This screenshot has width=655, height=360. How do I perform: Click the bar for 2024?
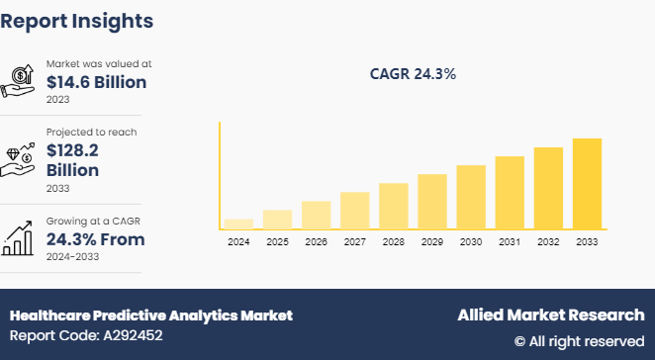[238, 224]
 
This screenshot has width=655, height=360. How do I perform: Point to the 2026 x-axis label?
[316, 242]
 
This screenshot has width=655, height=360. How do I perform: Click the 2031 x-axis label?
[510, 242]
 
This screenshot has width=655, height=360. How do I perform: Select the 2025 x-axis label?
[277, 242]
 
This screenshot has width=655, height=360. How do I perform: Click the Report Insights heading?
[77, 20]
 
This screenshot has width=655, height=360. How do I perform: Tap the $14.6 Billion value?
[96, 82]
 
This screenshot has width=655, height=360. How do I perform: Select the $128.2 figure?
[73, 150]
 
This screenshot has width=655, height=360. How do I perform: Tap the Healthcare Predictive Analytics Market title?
[151, 315]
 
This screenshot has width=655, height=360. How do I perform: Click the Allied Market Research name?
[550, 315]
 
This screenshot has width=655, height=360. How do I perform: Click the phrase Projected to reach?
[92, 132]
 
